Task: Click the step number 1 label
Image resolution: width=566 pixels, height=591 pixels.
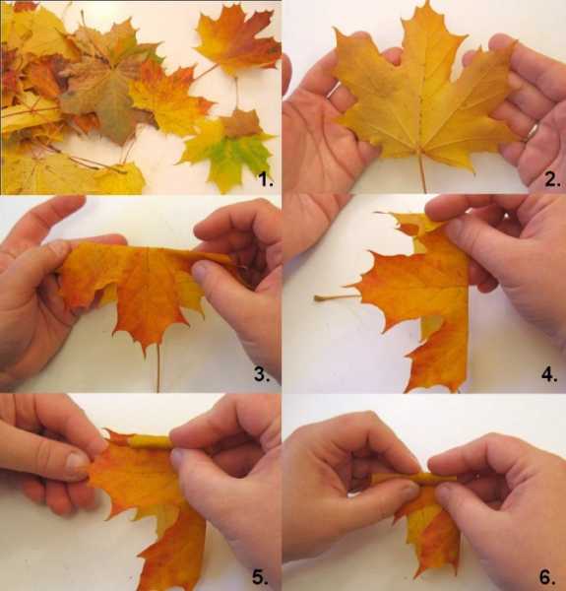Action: click(265, 180)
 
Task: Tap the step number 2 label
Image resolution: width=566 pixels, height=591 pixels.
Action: click(552, 179)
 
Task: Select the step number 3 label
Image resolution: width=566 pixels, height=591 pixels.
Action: click(262, 374)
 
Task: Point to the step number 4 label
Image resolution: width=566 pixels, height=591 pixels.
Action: click(549, 374)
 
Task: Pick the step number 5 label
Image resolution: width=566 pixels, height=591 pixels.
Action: click(260, 577)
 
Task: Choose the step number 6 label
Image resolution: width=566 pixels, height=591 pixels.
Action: click(547, 577)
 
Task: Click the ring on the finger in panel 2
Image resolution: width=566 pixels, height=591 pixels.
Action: click(533, 132)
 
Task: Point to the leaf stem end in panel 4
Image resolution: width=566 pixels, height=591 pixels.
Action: click(317, 298)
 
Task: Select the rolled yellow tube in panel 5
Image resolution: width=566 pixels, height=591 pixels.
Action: click(150, 441)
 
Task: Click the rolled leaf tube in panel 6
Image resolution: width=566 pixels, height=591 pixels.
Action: click(413, 479)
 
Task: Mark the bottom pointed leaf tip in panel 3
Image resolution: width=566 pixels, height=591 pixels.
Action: click(146, 355)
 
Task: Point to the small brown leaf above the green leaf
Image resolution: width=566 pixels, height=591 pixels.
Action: click(241, 123)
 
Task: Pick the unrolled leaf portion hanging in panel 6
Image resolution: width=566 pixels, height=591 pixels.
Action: click(430, 528)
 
